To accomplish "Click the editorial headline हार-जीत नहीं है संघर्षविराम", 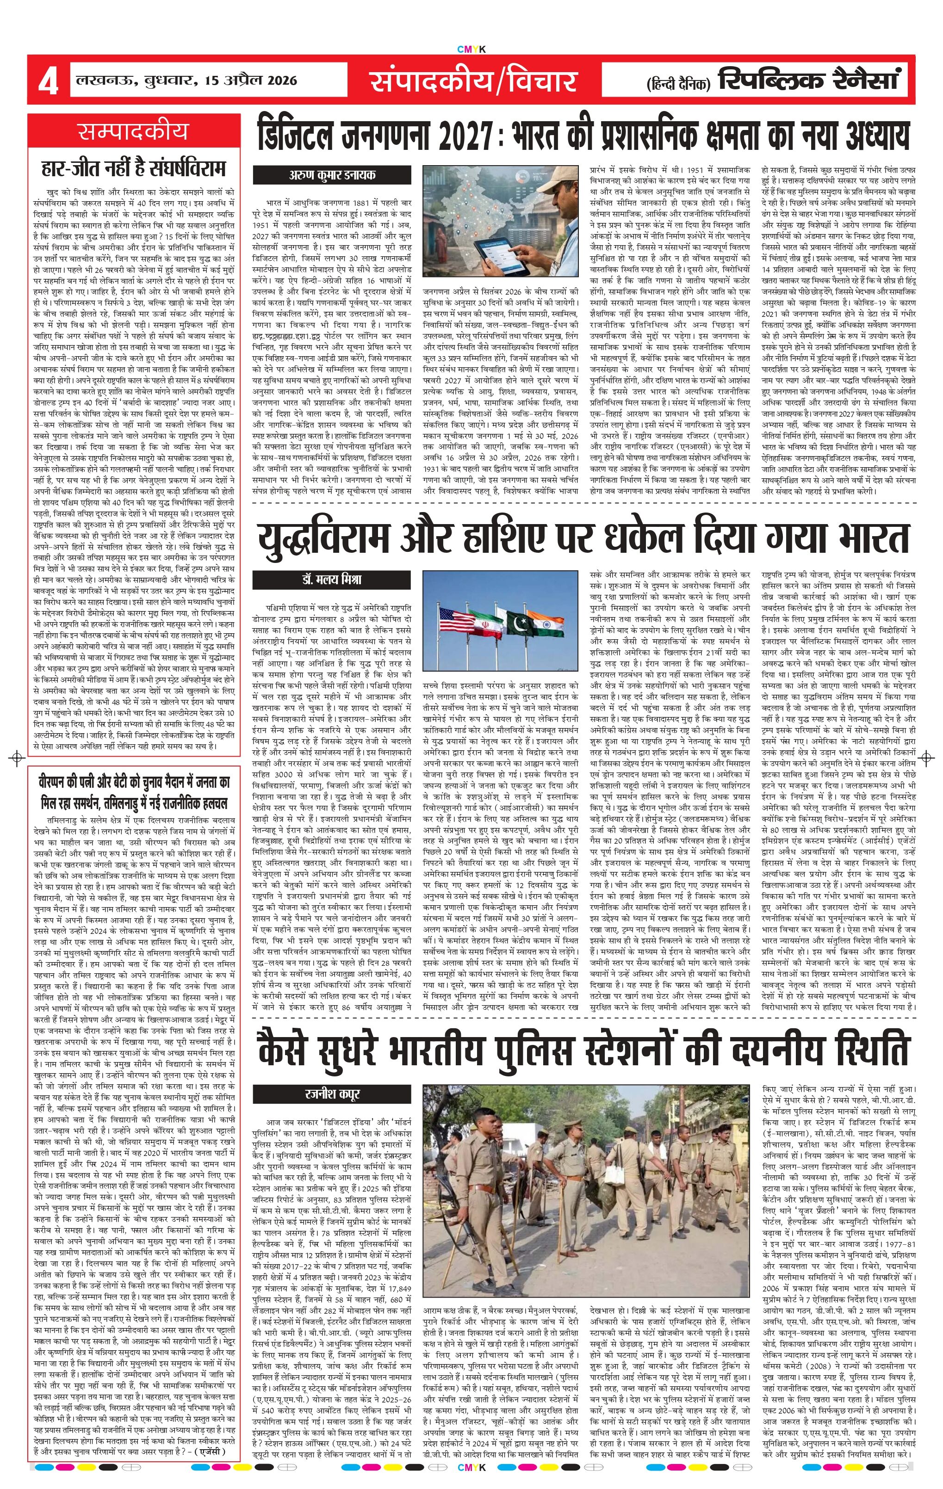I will coord(133,168).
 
